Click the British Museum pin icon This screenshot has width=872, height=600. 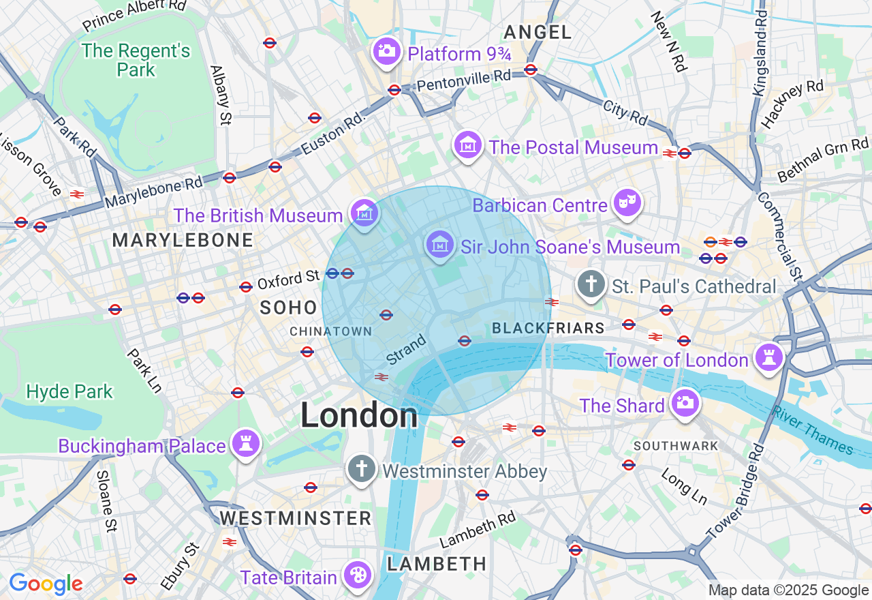point(365,214)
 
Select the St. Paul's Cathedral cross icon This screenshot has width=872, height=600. point(591,285)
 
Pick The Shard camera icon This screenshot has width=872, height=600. point(685,404)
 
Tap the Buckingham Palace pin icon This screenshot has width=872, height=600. point(245,445)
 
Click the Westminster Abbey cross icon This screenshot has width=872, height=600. point(361,470)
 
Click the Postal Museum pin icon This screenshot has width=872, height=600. point(468,146)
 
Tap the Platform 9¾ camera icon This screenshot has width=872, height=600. point(386,52)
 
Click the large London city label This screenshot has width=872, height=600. point(359,415)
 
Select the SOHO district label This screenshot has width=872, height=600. point(289,307)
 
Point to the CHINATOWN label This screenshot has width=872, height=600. point(331,331)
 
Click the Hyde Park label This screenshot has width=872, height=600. point(69,391)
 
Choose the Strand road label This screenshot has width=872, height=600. point(406,348)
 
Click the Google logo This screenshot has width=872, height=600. point(46,584)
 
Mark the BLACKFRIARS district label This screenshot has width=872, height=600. point(548,329)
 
